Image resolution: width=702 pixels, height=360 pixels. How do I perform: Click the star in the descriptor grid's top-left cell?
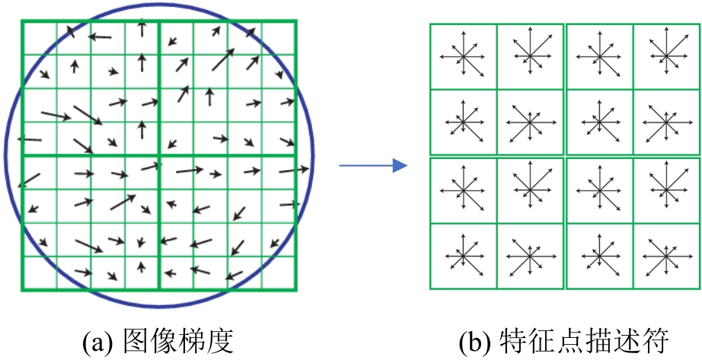464,56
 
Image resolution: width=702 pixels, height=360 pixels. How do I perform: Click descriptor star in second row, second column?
531,122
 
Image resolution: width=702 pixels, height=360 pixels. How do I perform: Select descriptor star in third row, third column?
599,190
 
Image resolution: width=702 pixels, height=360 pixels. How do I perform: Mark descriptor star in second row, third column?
599,122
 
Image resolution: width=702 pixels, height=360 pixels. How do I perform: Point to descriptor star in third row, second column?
531,190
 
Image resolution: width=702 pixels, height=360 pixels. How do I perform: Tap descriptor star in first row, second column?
531,56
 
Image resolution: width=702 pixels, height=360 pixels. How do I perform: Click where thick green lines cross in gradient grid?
158,156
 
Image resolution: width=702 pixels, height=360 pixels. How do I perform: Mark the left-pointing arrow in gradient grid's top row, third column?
100,36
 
